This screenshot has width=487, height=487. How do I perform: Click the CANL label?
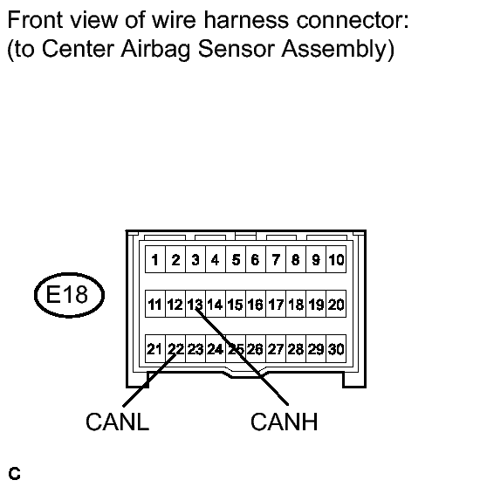pyautogui.click(x=118, y=422)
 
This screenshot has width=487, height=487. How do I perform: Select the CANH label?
pyautogui.click(x=285, y=422)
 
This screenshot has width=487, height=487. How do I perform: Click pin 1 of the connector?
pyautogui.click(x=155, y=259)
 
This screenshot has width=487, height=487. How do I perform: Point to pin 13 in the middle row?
pyautogui.click(x=195, y=304)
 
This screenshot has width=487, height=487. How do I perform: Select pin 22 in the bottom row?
pyautogui.click(x=175, y=348)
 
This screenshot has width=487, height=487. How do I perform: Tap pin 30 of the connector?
pyautogui.click(x=336, y=348)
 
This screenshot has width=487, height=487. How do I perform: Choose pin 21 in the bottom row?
pyautogui.click(x=155, y=348)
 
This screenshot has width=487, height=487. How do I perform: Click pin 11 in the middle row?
pyautogui.click(x=155, y=304)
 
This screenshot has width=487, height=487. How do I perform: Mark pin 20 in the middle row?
pyautogui.click(x=336, y=304)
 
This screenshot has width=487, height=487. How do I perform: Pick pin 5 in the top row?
pyautogui.click(x=236, y=259)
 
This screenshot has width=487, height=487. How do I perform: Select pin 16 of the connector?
pyautogui.click(x=256, y=304)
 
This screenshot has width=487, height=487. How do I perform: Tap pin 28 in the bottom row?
pyautogui.click(x=296, y=348)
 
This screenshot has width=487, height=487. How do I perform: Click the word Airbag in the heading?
pyautogui.click(x=155, y=50)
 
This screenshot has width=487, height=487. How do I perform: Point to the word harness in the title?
pyautogui.click(x=246, y=20)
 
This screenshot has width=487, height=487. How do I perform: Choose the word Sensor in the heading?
pyautogui.click(x=237, y=49)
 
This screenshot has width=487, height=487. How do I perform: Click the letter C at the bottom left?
pyautogui.click(x=14, y=474)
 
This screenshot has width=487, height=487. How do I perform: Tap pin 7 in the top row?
pyautogui.click(x=276, y=259)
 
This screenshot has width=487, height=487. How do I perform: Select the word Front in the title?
pyautogui.click(x=35, y=20)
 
